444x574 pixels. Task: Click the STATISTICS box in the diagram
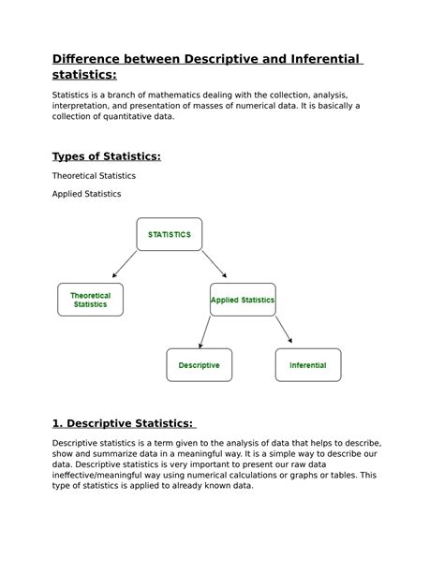(169, 234)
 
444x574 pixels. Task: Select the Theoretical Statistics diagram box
(90, 300)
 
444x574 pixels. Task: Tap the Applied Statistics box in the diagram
(243, 300)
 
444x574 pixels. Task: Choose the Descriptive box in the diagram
(199, 365)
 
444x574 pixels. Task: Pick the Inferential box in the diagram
(307, 365)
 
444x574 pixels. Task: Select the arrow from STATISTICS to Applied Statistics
(215, 263)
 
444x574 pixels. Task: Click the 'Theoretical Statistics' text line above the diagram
(94, 175)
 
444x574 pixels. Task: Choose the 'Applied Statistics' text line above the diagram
(86, 194)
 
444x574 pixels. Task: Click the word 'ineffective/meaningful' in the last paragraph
(104, 475)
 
